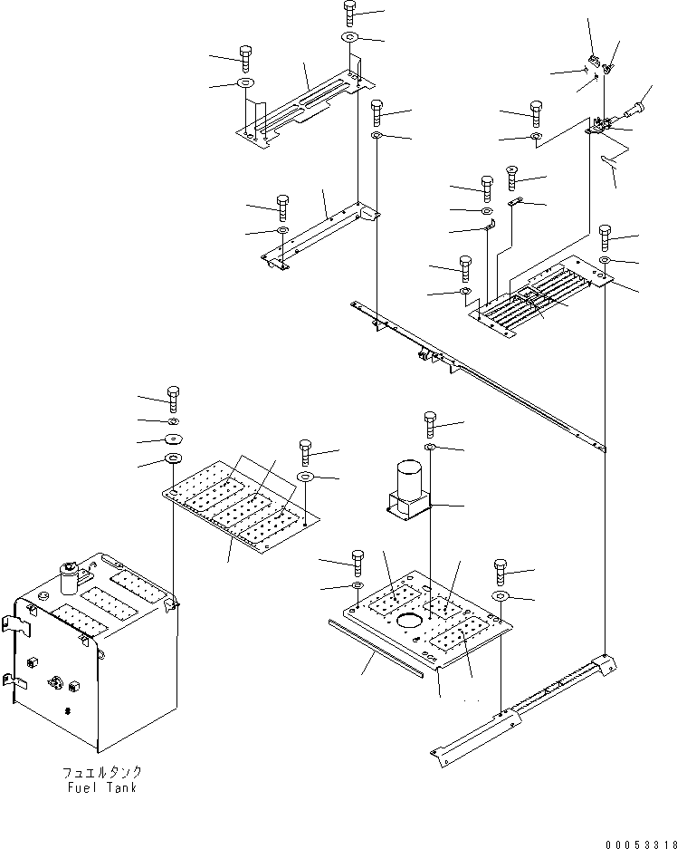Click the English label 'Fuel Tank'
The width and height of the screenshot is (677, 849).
102,787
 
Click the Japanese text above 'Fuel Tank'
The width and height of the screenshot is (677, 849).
102,772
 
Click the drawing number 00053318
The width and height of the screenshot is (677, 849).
641,844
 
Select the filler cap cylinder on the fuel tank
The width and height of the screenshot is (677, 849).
69,578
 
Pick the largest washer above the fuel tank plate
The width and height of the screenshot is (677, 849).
173,459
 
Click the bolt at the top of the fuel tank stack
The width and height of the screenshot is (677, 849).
173,400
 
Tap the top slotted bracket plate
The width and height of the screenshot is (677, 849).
306,110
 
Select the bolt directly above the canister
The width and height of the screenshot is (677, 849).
431,424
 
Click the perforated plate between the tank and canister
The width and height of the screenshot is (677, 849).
241,507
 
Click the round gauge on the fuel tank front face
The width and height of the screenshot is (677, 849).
56,682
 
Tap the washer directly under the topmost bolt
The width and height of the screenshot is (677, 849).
350,37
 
